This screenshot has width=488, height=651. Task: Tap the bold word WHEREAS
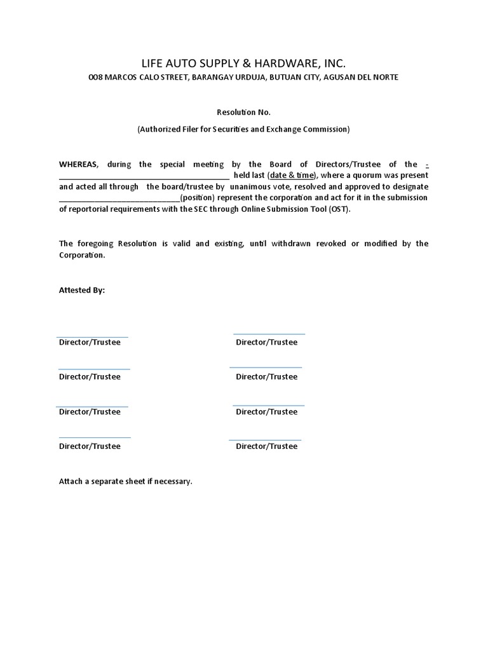click(79, 165)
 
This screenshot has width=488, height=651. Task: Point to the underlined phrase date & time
click(292, 175)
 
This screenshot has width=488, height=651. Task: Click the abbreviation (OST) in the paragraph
click(339, 209)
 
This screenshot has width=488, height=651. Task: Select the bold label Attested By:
click(82, 290)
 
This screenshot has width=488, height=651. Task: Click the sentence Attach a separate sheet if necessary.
click(125, 482)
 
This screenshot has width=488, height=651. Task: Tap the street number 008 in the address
click(95, 78)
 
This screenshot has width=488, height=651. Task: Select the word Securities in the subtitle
click(222, 130)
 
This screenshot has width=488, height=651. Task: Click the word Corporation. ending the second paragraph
click(82, 255)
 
